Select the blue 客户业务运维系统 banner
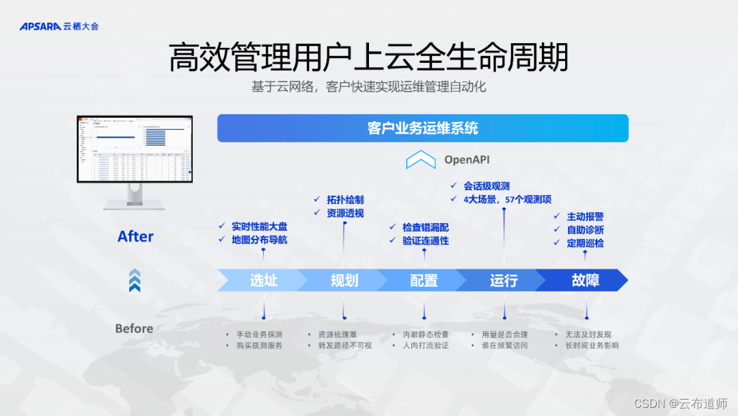point(422,128)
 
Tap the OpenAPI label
point(467,159)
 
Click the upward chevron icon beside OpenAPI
point(420,160)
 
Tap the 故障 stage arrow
point(585,280)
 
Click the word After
point(135,236)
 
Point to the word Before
point(134,328)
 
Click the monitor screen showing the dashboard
point(135,149)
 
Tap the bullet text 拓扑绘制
point(345,200)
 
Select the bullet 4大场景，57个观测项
point(507,199)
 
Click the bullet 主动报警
point(585,216)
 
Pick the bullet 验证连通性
point(425,240)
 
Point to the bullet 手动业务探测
point(259,335)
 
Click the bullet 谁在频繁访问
point(504,346)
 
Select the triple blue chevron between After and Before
point(135,281)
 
